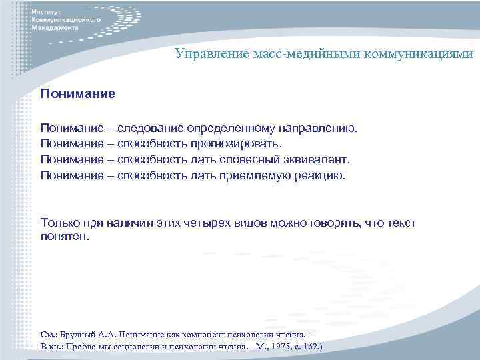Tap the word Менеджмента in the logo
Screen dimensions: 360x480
pos(55,29)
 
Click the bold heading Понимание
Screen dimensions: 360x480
pos(77,95)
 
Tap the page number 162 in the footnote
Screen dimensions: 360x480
pos(309,347)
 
